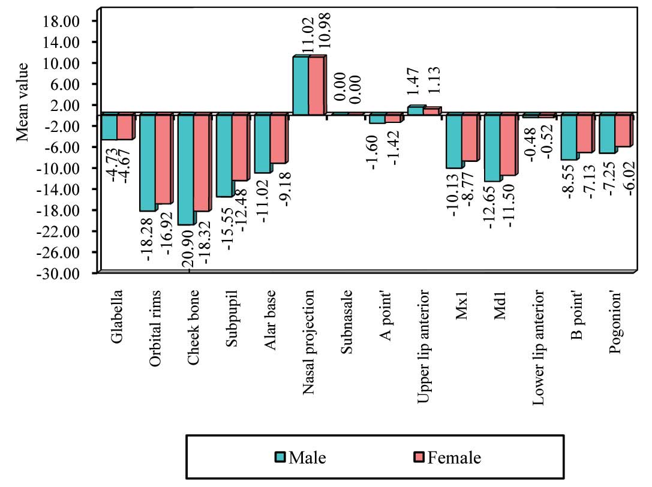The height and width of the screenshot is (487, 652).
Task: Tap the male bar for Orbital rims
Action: tap(148, 162)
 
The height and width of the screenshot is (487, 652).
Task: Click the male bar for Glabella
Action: tap(109, 127)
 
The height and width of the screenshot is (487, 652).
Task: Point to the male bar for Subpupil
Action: tap(224, 155)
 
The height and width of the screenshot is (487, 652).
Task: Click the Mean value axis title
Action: tap(22, 101)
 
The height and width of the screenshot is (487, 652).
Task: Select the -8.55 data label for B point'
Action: tap(569, 182)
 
